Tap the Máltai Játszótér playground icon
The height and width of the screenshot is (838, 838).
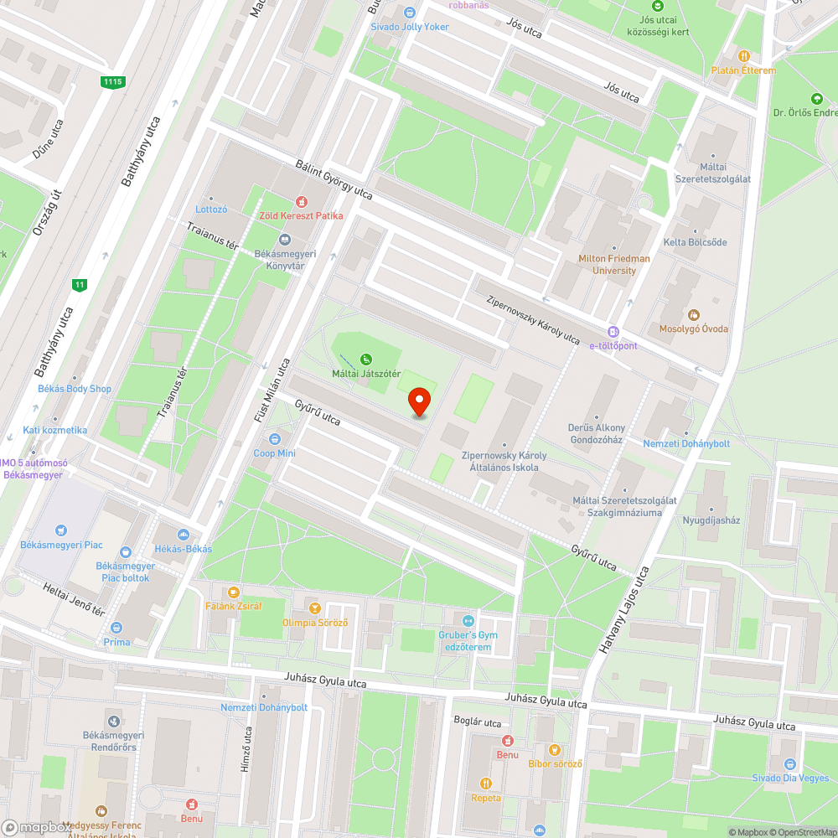(366, 360)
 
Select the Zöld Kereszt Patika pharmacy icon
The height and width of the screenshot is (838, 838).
(301, 202)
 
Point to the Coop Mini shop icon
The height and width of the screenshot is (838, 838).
(274, 439)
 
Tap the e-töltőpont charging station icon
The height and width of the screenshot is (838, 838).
(613, 332)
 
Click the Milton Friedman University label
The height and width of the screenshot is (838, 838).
(613, 264)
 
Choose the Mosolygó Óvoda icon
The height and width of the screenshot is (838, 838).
(693, 315)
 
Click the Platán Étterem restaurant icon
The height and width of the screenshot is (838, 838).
(743, 55)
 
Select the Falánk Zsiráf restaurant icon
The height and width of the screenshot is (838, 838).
(234, 592)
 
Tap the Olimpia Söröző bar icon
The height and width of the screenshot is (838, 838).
(314, 608)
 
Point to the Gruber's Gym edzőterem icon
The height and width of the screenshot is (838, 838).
(468, 620)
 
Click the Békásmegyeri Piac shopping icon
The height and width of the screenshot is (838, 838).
(61, 530)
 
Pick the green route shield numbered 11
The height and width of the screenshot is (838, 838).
(80, 285)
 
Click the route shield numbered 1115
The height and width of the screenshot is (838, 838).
(112, 81)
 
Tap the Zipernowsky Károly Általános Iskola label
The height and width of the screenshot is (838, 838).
(504, 461)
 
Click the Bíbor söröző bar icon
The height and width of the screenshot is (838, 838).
(554, 749)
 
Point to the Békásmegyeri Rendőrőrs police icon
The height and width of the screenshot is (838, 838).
(113, 721)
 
